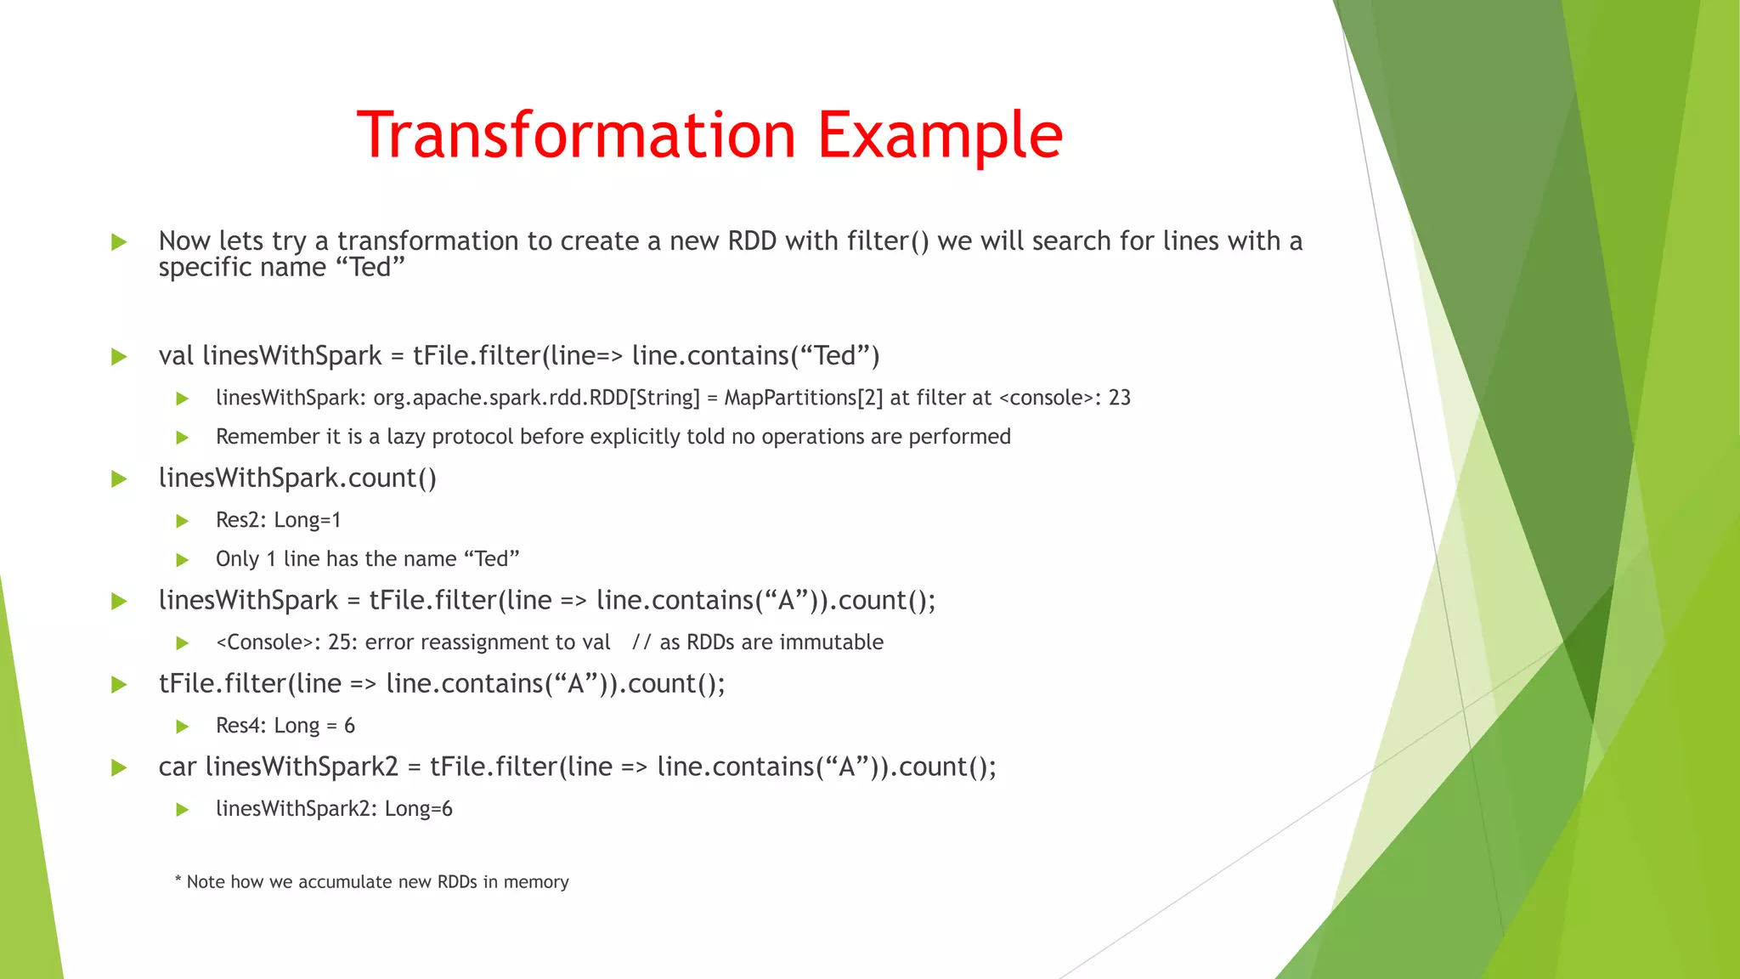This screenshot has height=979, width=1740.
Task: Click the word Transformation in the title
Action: click(x=576, y=135)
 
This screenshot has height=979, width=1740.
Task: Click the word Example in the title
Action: click(x=940, y=135)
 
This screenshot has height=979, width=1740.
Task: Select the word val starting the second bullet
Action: click(x=176, y=355)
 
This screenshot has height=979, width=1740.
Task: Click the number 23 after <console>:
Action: click(x=1119, y=398)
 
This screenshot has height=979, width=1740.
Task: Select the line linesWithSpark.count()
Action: click(x=297, y=478)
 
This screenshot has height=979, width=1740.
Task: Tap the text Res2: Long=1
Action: click(x=278, y=520)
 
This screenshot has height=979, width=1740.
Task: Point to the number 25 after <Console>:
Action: click(x=340, y=642)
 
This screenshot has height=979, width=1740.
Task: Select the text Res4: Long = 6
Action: click(x=285, y=726)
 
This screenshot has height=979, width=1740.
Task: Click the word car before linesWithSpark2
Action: click(x=177, y=767)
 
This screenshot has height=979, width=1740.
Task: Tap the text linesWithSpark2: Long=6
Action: click(x=334, y=809)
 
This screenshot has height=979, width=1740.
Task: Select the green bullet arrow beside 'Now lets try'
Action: click(x=119, y=242)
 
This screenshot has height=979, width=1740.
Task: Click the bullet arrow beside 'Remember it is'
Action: click(x=182, y=438)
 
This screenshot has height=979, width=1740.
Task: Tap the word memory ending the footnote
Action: click(x=535, y=882)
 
